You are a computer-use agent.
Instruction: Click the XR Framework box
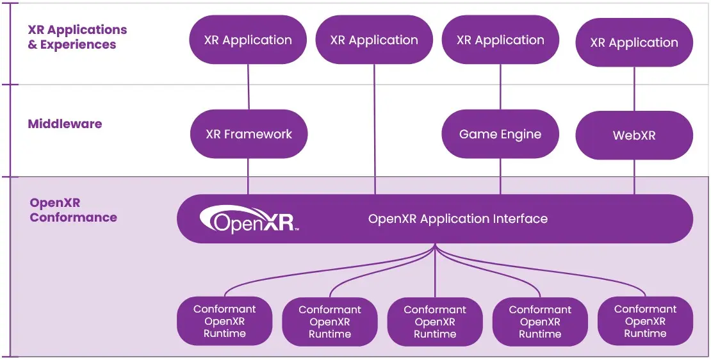click(249, 135)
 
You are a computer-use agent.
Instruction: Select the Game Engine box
click(500, 135)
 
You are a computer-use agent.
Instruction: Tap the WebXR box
click(634, 136)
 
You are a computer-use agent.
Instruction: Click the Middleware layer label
click(65, 124)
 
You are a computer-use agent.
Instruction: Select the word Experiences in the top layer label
click(78, 45)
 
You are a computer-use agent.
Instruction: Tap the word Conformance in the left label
click(73, 218)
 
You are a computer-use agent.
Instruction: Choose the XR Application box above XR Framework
click(248, 40)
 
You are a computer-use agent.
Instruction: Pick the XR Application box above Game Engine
click(500, 40)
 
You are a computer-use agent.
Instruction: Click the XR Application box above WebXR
click(634, 42)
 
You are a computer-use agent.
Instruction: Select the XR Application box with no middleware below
click(374, 40)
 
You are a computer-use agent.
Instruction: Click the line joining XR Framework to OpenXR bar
click(249, 176)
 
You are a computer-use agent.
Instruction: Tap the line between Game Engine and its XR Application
click(500, 86)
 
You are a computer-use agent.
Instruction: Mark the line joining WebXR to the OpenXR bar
click(634, 177)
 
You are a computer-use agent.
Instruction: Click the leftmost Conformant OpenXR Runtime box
click(225, 322)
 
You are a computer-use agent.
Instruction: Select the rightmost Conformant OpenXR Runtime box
click(645, 322)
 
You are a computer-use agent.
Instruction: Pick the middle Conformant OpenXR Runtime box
click(435, 322)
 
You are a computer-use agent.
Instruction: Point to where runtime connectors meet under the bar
click(436, 246)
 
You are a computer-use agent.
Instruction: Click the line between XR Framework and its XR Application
click(249, 86)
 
